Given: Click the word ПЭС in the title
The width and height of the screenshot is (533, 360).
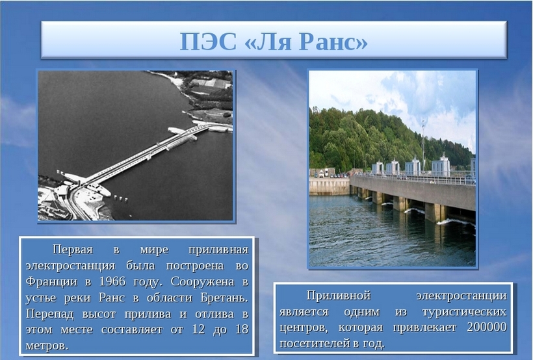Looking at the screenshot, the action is [208, 42].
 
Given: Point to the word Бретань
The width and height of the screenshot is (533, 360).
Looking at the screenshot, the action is [224, 298].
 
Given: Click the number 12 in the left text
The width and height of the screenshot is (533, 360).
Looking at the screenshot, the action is [198, 329].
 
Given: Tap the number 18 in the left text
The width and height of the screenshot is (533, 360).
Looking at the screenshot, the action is [242, 329].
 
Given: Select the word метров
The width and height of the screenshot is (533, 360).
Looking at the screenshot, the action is [47, 346].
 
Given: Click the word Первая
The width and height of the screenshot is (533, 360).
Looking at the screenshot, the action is [72, 250].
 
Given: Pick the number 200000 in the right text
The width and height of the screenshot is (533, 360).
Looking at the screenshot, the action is [487, 327].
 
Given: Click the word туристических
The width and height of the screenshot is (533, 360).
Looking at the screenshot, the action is [464, 312].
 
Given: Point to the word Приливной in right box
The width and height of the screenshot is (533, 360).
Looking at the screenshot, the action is [338, 295].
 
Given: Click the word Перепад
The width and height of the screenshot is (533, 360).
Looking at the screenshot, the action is [49, 314].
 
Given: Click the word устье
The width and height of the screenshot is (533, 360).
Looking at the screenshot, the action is [40, 298].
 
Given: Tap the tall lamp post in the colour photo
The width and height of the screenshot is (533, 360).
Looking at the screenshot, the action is [423, 149].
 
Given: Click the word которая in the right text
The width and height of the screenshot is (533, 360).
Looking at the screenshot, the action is [361, 328].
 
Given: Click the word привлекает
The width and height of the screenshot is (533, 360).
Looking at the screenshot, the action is [425, 328].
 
